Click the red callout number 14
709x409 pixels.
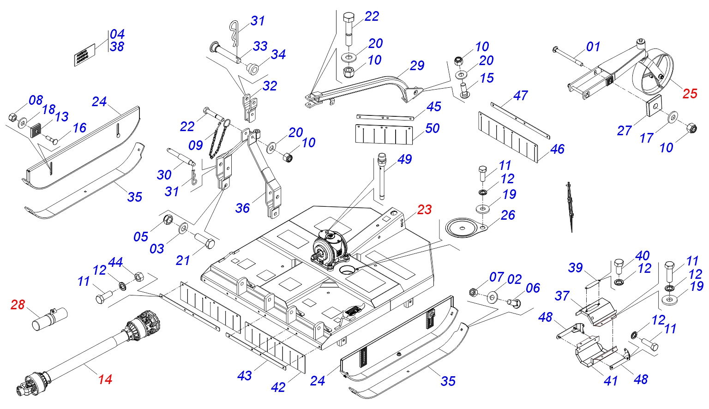(105, 379)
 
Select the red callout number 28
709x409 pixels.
(18, 305)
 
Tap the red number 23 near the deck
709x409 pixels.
(424, 210)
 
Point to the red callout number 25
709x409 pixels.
(690, 94)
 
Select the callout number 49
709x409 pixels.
(404, 160)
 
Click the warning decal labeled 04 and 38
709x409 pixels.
(84, 55)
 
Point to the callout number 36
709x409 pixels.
(242, 208)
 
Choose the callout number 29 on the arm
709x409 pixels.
(417, 66)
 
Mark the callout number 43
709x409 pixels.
(245, 376)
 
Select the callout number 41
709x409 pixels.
(611, 381)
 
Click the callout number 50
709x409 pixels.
(432, 128)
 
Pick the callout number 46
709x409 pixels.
(557, 149)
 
